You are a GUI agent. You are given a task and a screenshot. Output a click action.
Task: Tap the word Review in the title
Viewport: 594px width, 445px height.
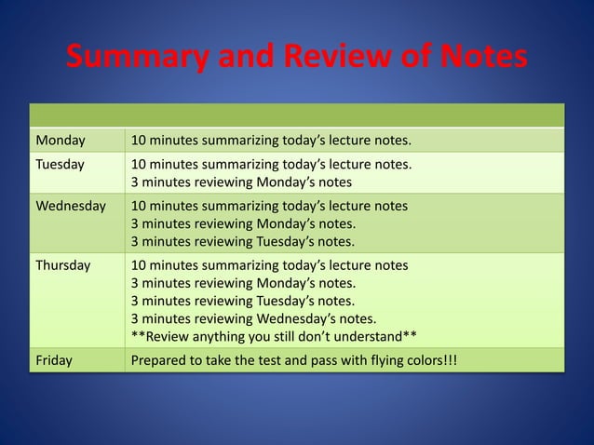coord(318,59)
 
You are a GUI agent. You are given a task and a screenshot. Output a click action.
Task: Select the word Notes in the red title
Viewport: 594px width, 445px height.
coord(477,59)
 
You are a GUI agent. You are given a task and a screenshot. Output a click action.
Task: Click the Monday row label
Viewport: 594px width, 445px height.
coord(61,141)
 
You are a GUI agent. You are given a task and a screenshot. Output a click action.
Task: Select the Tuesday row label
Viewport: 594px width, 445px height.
coord(61,164)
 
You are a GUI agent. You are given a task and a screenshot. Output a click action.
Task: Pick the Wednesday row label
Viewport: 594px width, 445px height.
coord(70,205)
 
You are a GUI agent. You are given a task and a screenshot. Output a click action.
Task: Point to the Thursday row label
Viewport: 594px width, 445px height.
coord(63,265)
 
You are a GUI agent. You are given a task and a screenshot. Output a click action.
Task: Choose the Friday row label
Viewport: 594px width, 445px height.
coord(54,358)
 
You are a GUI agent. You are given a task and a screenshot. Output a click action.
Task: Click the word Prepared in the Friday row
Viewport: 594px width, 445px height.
coord(160,358)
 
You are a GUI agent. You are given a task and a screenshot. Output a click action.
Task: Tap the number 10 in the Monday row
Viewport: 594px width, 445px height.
coord(139,141)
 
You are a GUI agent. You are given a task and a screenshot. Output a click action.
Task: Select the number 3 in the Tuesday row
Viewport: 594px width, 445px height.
coord(135,182)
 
